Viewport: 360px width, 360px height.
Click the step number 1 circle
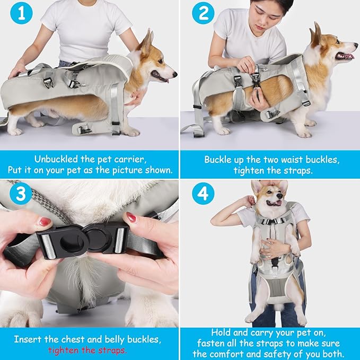[21, 14]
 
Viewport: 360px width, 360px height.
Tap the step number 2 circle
[203, 14]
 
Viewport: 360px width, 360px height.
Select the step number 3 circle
[21, 195]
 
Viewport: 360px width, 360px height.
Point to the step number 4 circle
[203, 195]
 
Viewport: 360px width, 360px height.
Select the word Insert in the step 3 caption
[28, 339]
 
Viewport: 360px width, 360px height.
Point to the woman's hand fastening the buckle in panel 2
[247, 65]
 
